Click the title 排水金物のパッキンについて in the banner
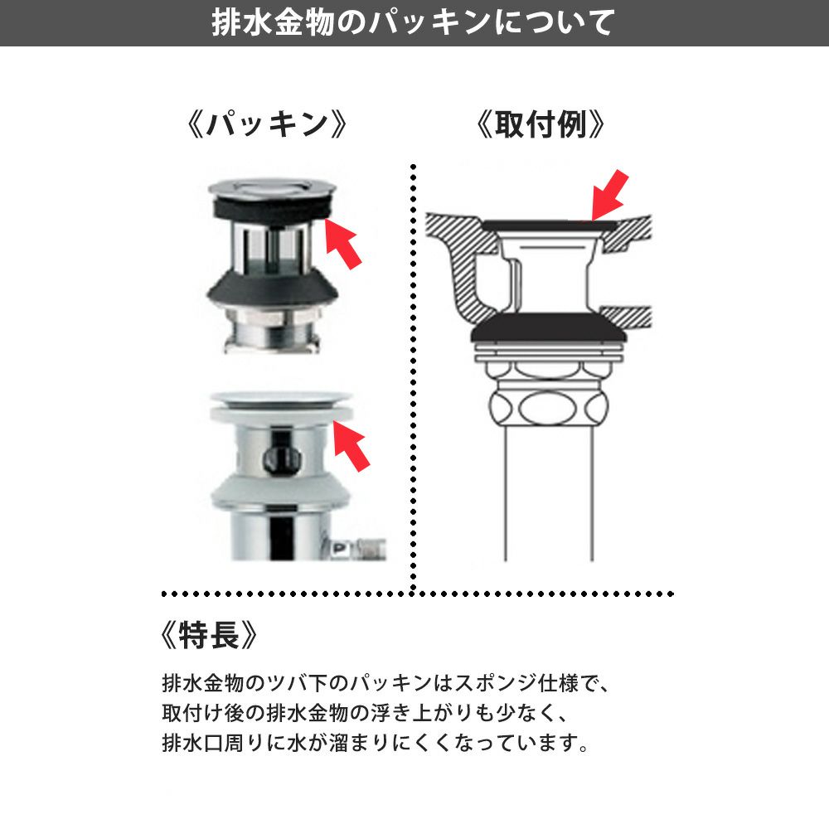(x=413, y=22)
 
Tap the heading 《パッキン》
(x=268, y=125)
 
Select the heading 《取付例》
(x=540, y=125)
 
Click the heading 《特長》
(x=209, y=634)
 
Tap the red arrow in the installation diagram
(x=609, y=195)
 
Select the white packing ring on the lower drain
(x=280, y=414)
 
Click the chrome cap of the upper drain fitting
(x=272, y=187)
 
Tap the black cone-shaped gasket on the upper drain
(x=273, y=293)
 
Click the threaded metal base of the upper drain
(x=272, y=332)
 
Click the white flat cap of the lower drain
(x=281, y=400)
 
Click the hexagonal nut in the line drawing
(x=548, y=408)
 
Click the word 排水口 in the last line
(x=192, y=742)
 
